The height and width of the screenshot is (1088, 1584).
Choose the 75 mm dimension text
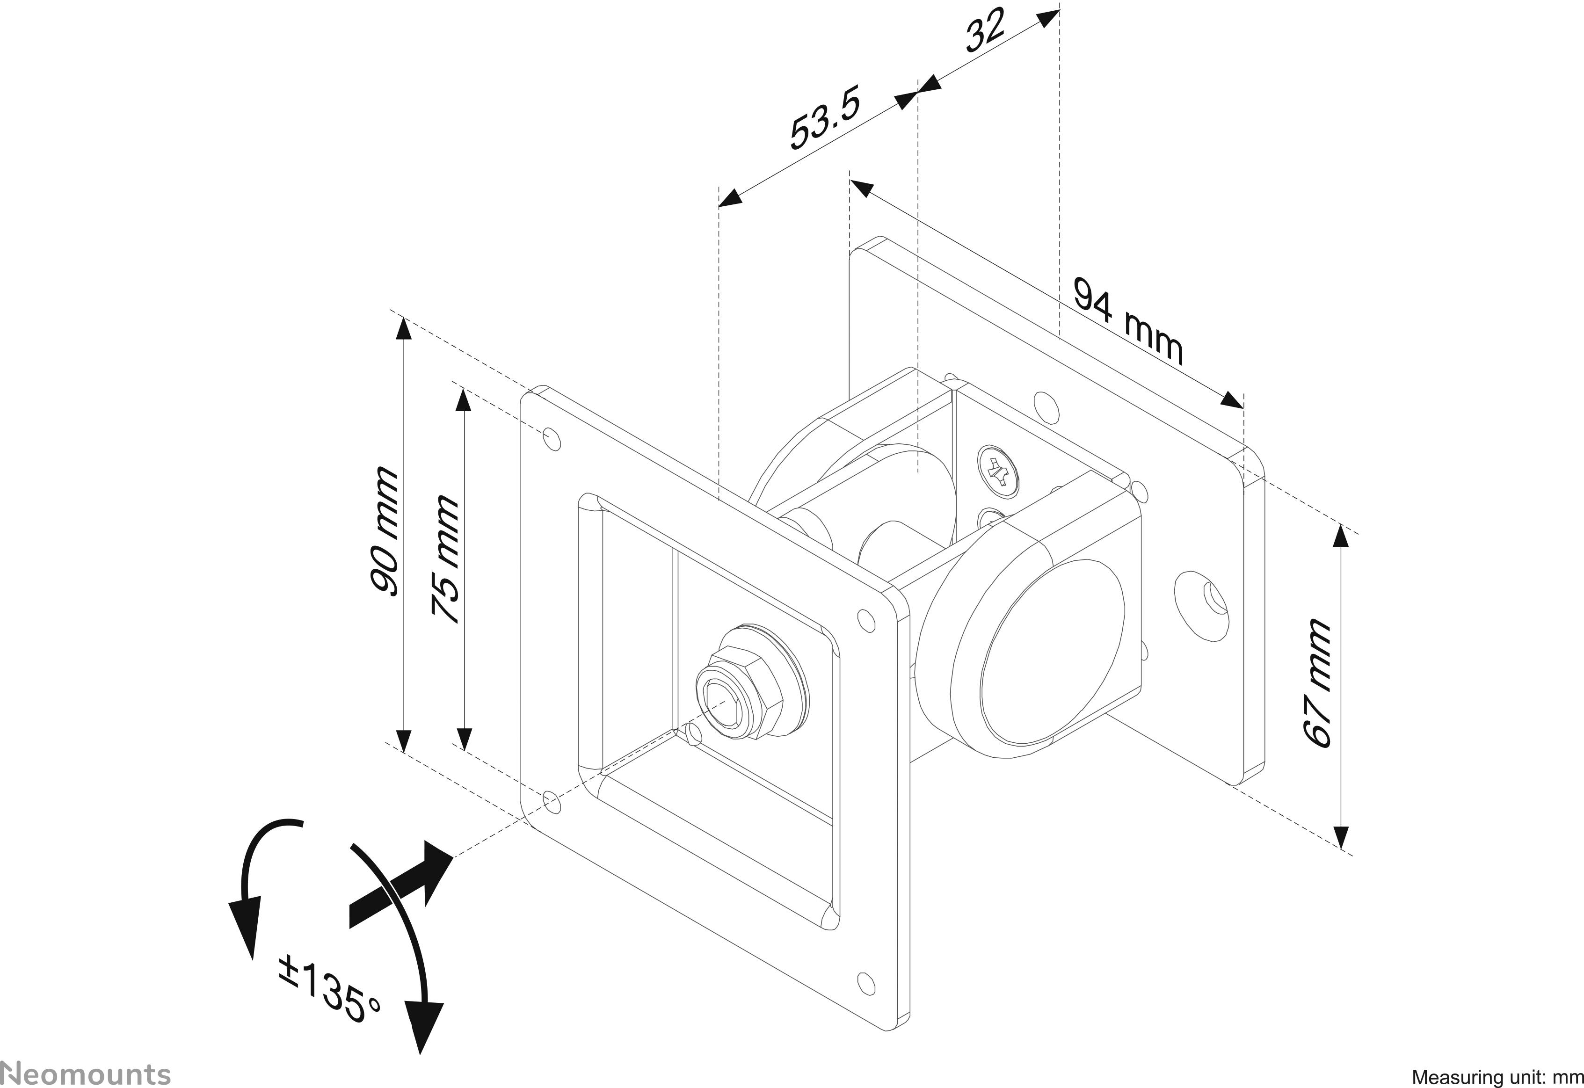tap(446, 559)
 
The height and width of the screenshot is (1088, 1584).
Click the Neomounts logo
tap(85, 1073)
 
